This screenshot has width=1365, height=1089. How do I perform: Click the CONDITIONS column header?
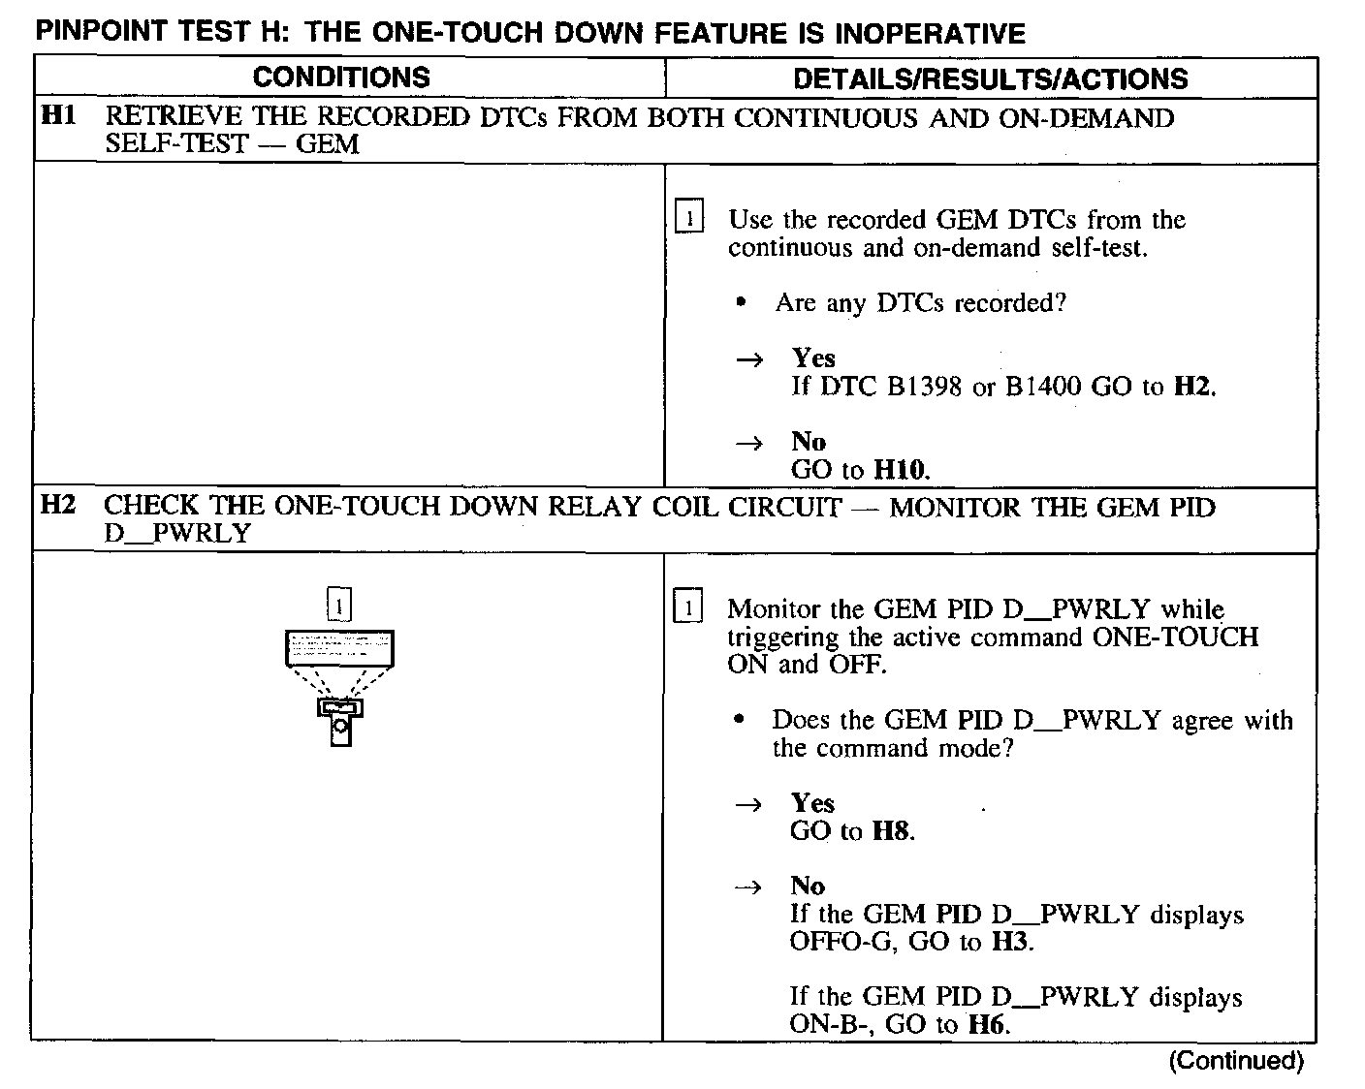pos(340,78)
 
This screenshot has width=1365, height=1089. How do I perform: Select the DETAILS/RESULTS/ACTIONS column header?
pos(990,78)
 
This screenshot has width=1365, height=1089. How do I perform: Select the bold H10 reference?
pos(901,471)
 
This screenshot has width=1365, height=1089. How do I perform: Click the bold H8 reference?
pos(892,831)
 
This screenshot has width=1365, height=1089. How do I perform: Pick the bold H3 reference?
pos(1011,942)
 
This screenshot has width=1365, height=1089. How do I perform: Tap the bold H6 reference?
pos(988,1025)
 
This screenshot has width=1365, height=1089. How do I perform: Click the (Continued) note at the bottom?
pos(1235,1061)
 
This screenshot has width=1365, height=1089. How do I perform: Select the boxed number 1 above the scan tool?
pos(339,605)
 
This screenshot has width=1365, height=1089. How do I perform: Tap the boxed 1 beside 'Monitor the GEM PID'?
pos(686,608)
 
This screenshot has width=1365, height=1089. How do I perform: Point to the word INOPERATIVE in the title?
pos(930,34)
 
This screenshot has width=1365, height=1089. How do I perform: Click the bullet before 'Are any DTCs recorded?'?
pos(741,303)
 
